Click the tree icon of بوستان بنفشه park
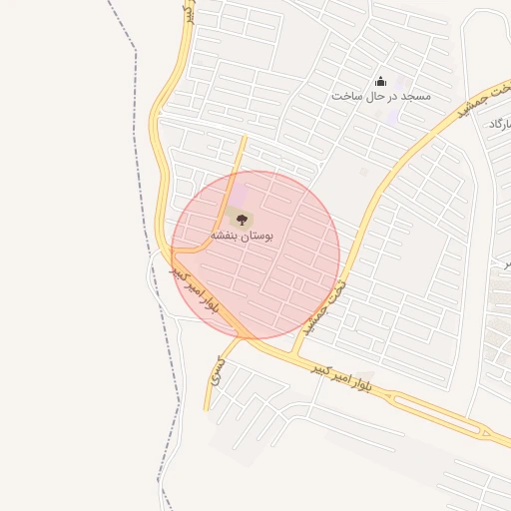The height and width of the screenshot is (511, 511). coord(240,217)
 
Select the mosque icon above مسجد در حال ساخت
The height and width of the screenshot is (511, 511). coord(379,82)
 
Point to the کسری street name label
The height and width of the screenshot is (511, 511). coord(218,372)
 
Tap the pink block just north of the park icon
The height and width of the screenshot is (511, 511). coord(240,190)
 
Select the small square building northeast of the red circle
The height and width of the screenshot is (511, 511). coord(363,172)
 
